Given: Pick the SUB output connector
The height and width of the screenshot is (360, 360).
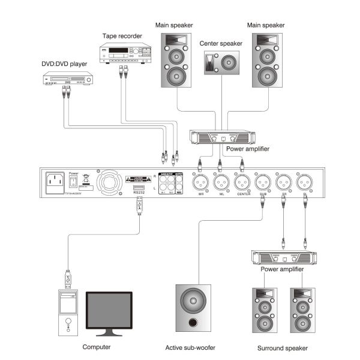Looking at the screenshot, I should click(262, 180).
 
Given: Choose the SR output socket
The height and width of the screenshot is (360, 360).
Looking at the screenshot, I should click(283, 180).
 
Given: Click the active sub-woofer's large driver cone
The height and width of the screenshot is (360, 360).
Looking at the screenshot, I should click(193, 299).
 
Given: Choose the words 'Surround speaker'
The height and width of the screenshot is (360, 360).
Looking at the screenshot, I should click(283, 348).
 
